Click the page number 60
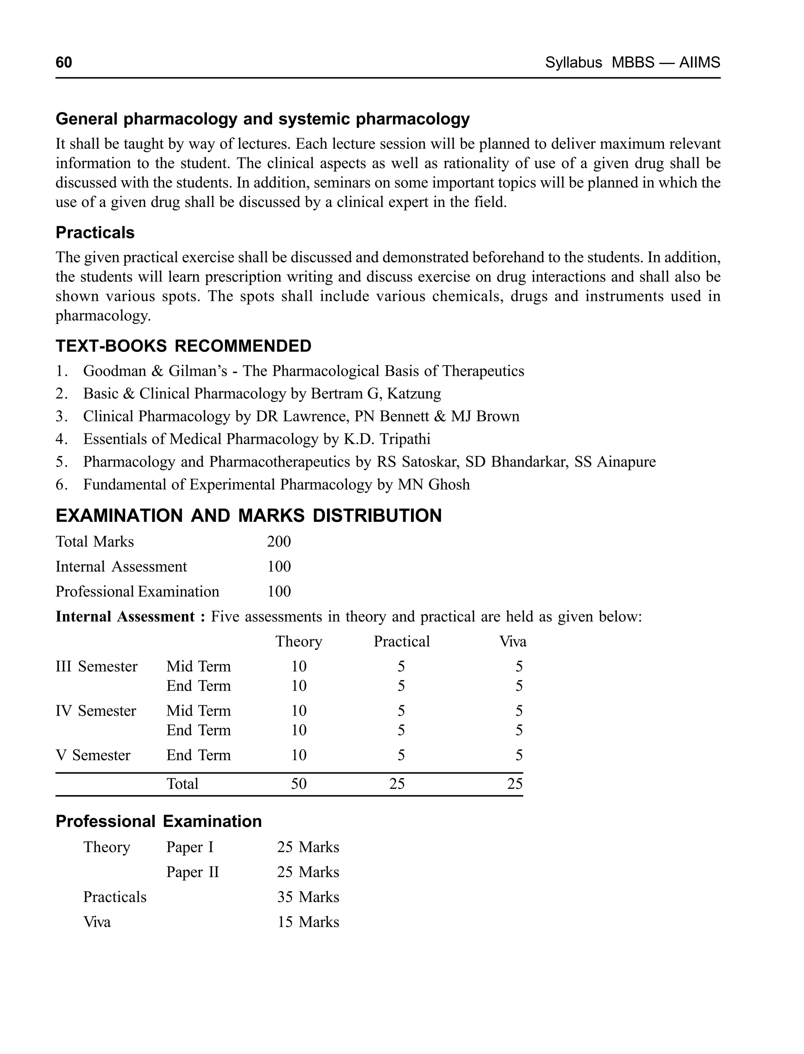64,63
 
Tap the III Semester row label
96,666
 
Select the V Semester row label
93,755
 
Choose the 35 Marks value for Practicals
308,897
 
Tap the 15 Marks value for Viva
308,922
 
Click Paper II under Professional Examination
192,872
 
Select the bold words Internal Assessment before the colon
125,617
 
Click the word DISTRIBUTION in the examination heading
377,516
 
